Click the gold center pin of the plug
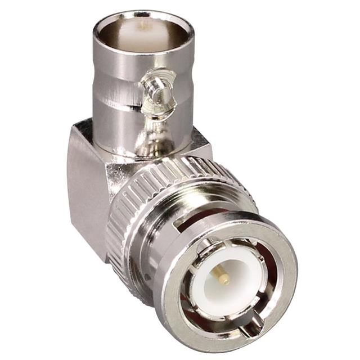(223, 276)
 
